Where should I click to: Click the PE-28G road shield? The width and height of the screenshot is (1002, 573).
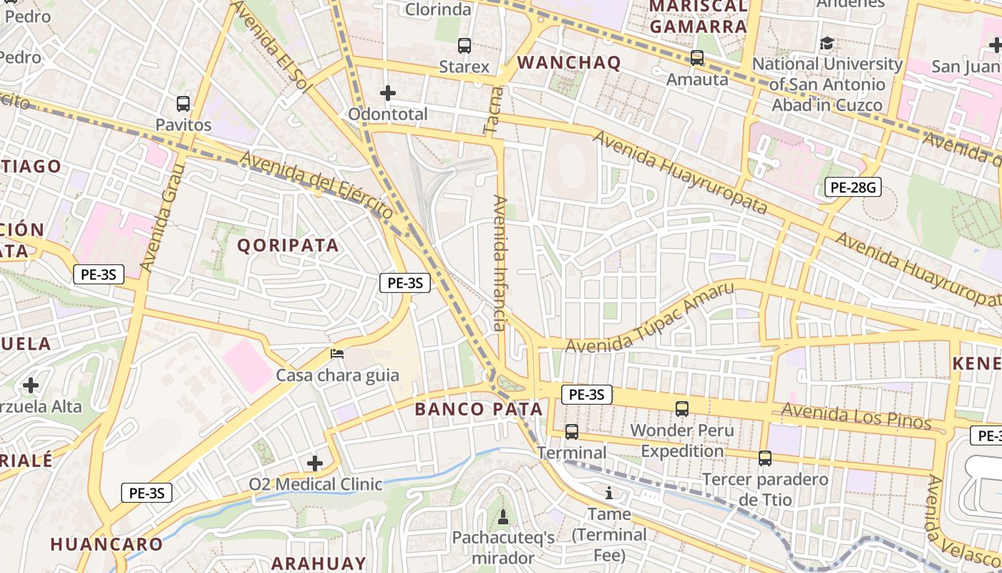click(852, 188)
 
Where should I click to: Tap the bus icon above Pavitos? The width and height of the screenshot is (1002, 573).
click(183, 103)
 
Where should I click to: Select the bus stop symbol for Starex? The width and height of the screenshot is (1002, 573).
click(464, 46)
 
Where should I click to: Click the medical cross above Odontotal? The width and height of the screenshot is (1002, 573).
click(388, 93)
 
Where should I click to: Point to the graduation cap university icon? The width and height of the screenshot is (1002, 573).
click(827, 44)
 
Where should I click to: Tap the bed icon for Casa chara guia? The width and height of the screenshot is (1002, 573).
click(337, 353)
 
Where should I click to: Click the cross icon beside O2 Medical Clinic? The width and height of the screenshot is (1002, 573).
click(315, 463)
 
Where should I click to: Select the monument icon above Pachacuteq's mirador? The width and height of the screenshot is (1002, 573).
click(503, 516)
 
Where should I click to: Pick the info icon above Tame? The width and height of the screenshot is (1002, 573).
click(609, 493)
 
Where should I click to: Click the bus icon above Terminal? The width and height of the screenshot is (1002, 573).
click(571, 432)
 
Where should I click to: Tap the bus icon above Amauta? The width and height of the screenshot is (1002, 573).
click(697, 58)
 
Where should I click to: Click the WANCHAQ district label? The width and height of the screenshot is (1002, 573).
click(569, 62)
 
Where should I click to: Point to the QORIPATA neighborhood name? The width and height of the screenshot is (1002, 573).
click(288, 246)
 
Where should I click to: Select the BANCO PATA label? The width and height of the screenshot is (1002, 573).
click(479, 410)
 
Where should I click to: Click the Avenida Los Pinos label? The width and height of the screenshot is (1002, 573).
click(856, 415)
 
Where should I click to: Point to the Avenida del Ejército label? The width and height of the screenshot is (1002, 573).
click(316, 184)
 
